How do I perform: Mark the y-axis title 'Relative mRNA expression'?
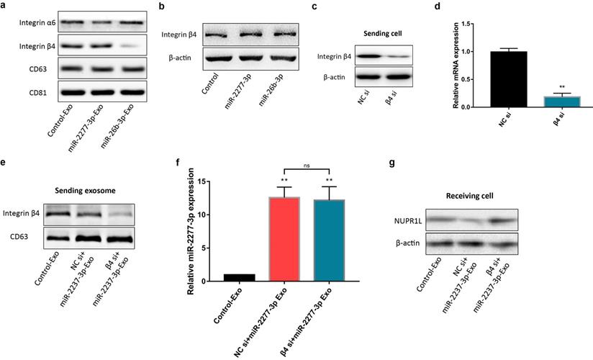(x=456, y=66)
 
